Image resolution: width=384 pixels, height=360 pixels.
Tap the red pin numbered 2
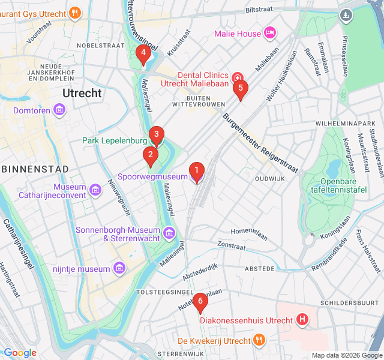tap(150, 157)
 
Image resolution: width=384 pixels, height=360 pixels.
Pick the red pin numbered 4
tap(143, 55)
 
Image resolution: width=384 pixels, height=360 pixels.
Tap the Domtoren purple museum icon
tap(59, 110)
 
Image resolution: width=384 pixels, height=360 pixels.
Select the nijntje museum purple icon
tap(119, 268)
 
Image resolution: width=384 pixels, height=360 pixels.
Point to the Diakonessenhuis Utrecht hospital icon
tap(302, 320)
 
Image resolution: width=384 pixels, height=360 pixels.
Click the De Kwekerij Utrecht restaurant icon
tap(259, 341)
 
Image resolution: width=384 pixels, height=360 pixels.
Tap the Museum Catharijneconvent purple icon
tap(95, 191)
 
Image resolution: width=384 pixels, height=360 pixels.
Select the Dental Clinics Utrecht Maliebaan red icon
tap(237, 77)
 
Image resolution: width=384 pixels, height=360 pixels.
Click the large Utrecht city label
tap(82, 93)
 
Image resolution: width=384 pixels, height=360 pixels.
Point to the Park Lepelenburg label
tap(114, 141)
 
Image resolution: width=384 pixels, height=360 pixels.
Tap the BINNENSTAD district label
tap(35, 169)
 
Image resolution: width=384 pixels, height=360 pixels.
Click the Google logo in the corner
tap(20, 353)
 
